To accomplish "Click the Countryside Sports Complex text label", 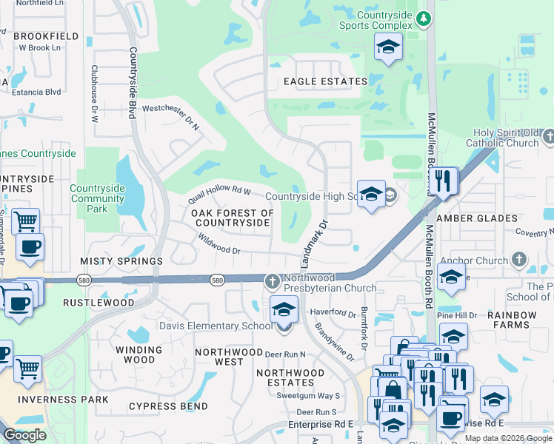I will [384, 20].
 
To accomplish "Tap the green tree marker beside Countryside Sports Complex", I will [423, 18].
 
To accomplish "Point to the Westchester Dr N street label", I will [171, 115].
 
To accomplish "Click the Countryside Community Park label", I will [97, 198].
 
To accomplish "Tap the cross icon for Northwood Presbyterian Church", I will [272, 280].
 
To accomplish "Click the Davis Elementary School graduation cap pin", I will [284, 309].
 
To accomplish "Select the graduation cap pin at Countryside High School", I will [371, 194].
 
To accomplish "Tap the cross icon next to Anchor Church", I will [519, 260].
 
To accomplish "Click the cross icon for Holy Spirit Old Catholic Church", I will [548, 137].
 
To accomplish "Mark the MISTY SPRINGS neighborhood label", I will [121, 262].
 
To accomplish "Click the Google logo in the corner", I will [25, 435].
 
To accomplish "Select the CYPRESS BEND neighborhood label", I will [168, 406].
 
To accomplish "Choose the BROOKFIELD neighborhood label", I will [46, 36].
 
